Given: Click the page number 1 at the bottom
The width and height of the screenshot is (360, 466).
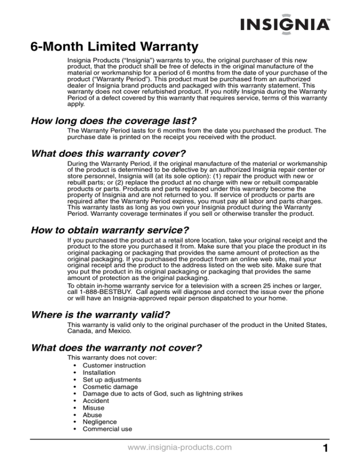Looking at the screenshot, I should [x=345, y=450].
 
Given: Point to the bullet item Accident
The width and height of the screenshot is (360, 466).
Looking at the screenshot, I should [x=96, y=401].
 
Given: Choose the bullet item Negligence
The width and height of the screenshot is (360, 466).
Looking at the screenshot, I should [x=99, y=422].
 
